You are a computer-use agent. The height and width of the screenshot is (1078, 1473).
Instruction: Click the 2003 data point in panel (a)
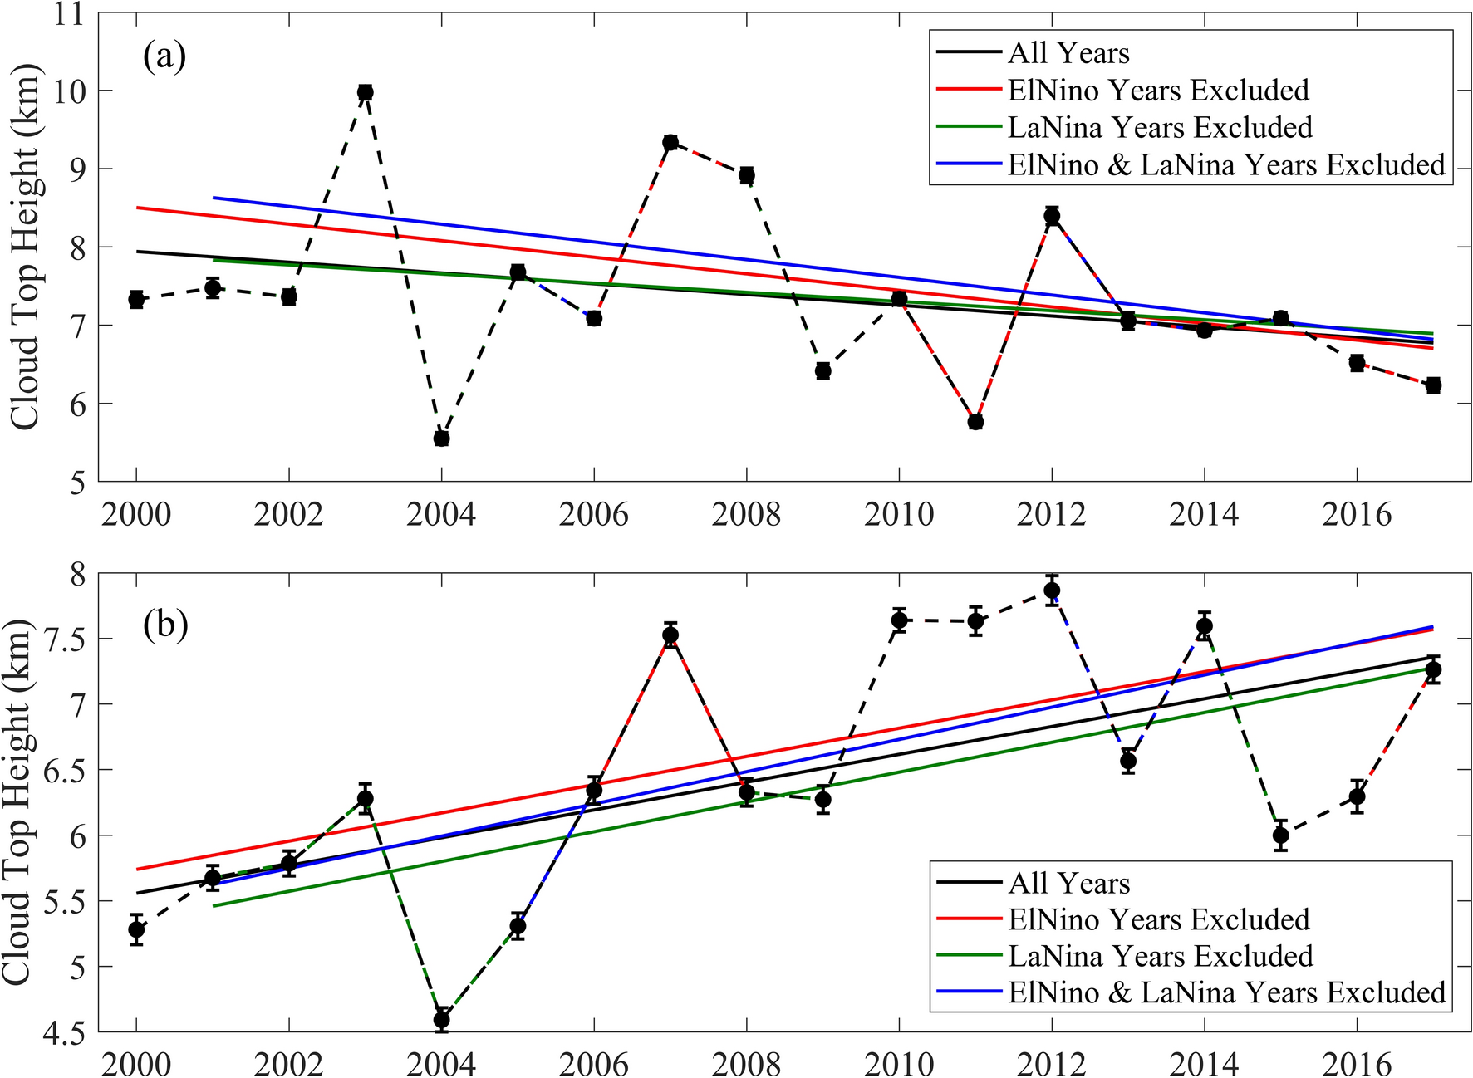[x=365, y=92]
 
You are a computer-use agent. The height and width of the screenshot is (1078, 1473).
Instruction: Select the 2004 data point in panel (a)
[x=441, y=438]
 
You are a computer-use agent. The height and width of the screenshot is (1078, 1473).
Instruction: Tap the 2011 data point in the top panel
[x=975, y=421]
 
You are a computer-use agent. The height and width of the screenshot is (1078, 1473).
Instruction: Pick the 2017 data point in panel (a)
[x=1433, y=385]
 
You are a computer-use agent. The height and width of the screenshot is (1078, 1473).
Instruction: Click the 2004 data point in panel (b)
[x=441, y=1019]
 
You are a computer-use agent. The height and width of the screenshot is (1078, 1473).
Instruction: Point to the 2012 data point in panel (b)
[x=1052, y=590]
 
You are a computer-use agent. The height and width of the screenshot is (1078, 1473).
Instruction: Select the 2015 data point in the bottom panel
[x=1280, y=835]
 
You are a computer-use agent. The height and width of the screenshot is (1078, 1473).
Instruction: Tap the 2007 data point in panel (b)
[x=670, y=635]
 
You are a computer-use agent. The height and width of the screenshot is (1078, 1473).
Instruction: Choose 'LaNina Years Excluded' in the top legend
[x=1160, y=127]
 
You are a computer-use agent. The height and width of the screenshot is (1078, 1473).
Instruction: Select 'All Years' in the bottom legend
[x=1069, y=883]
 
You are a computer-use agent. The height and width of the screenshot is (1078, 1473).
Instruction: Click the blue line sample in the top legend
[x=969, y=164]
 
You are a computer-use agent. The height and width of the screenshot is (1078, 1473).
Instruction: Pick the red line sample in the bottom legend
[x=969, y=919]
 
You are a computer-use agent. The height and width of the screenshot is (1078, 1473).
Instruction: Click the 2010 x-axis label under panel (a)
[x=899, y=515]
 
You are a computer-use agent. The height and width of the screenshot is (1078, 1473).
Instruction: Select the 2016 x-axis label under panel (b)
[x=1356, y=1064]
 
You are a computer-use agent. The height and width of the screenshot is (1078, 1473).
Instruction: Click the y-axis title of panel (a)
[x=27, y=247]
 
